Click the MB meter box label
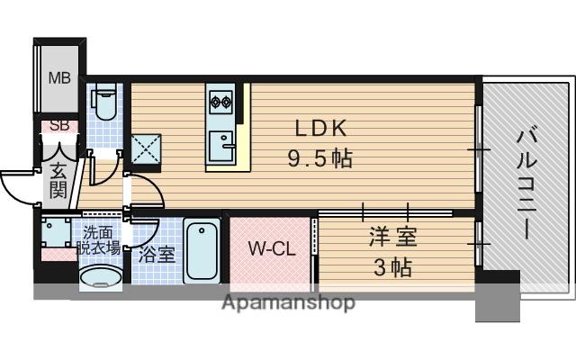[x=58, y=77]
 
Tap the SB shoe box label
[x=58, y=126]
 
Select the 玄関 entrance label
[x=58, y=178]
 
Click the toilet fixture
[x=104, y=104]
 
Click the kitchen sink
[x=221, y=141]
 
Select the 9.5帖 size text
[x=319, y=158]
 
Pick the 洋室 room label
[x=391, y=239]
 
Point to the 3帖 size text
[x=391, y=266]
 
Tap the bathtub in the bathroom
[x=202, y=250]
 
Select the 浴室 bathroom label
[x=157, y=254]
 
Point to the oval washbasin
[x=100, y=279]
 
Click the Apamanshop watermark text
[x=288, y=302]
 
